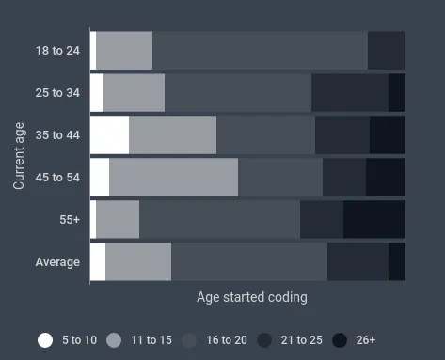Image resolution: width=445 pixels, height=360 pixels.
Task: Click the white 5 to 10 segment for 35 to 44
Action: click(109, 134)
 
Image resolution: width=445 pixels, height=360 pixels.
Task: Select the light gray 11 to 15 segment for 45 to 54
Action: click(173, 177)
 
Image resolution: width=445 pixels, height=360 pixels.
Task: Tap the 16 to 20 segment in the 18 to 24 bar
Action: click(260, 50)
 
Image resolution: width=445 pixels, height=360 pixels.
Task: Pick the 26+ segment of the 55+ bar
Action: click(374, 219)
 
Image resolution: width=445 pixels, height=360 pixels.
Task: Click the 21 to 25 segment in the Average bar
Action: click(358, 261)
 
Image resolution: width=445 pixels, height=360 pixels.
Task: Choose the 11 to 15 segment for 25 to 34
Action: click(134, 92)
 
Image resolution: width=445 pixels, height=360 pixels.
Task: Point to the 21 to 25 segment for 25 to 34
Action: click(349, 92)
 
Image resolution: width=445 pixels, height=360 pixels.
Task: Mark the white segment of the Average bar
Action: click(98, 261)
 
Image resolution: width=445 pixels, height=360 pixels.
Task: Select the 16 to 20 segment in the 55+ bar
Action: click(219, 219)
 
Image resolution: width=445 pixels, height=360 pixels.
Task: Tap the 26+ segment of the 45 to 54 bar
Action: click(386, 177)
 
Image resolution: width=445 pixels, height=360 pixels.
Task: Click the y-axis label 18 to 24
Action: click(57, 50)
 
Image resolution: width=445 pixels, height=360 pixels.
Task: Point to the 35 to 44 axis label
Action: click(57, 134)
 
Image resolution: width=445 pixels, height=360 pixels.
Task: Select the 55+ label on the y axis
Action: click(69, 219)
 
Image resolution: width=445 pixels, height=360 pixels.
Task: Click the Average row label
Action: click(57, 261)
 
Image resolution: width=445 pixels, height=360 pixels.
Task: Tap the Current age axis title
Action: click(19, 155)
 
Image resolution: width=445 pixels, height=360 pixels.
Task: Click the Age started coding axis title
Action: click(251, 297)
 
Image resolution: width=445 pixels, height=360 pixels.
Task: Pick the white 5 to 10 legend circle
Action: click(45, 339)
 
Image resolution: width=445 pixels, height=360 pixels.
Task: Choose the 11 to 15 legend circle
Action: click(115, 339)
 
